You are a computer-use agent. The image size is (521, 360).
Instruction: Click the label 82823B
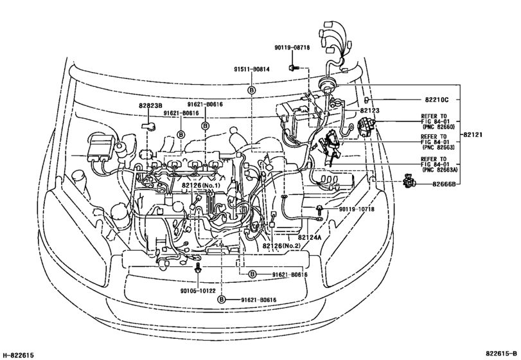150,105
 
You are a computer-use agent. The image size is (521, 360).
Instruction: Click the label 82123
369,111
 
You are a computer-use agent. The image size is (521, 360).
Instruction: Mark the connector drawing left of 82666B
409,183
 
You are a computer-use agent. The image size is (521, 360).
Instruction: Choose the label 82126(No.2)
281,246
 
